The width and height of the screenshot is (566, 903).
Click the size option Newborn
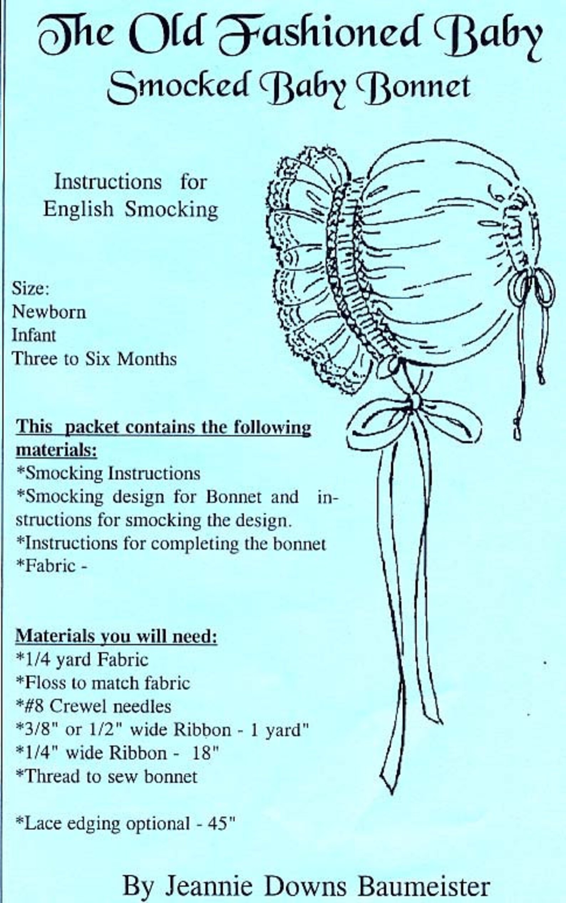click(49, 312)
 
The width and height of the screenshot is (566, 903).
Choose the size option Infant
click(34, 335)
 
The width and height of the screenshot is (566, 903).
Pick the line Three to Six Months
click(94, 359)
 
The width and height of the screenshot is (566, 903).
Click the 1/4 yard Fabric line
click(82, 659)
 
